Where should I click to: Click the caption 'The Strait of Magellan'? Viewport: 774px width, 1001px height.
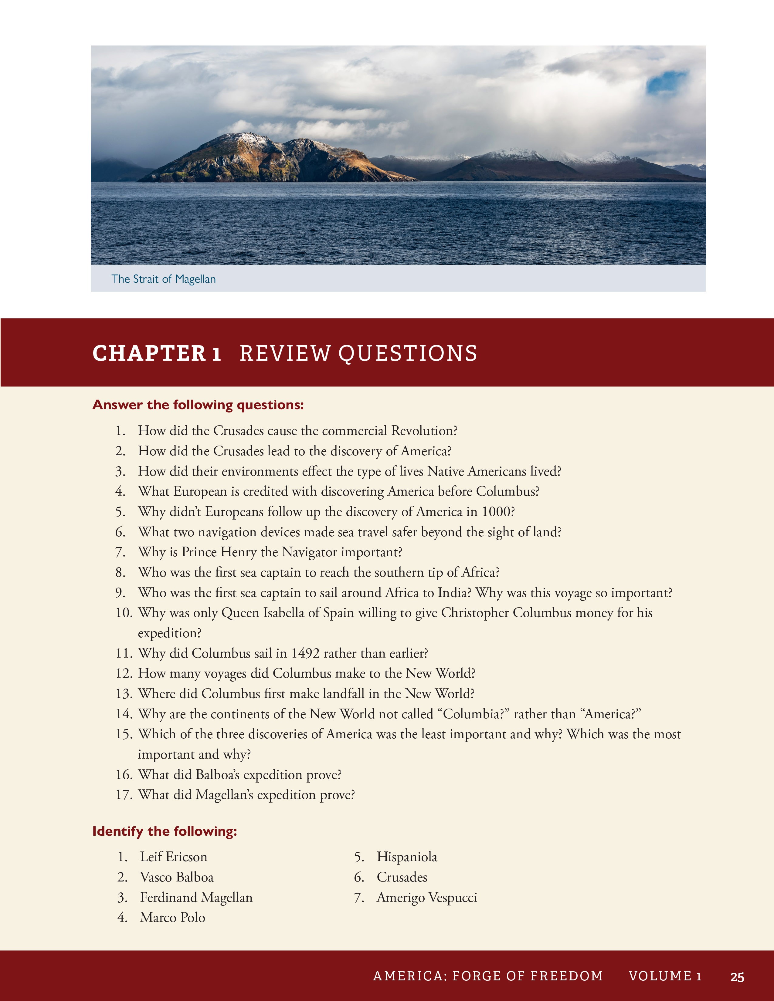(163, 279)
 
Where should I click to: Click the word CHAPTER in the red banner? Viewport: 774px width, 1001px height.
(149, 353)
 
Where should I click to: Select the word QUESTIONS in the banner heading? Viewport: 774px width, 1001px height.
(408, 353)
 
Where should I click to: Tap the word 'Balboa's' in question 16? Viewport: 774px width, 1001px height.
(217, 775)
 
